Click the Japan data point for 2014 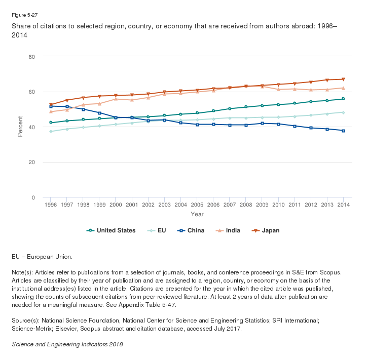pos(344,79)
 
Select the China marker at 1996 pos(51,106)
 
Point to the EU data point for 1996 pos(51,131)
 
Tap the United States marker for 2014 pos(344,99)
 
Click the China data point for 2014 pos(344,131)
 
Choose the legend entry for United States pos(112,230)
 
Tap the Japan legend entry pos(267,230)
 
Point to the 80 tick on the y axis pos(31,56)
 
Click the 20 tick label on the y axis pos(31,162)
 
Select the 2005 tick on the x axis pos(197,205)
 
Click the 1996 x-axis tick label pos(51,205)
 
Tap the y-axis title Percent pos(20,127)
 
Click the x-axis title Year pos(197,214)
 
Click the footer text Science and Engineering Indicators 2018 pos(67,344)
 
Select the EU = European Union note pos(42,257)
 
